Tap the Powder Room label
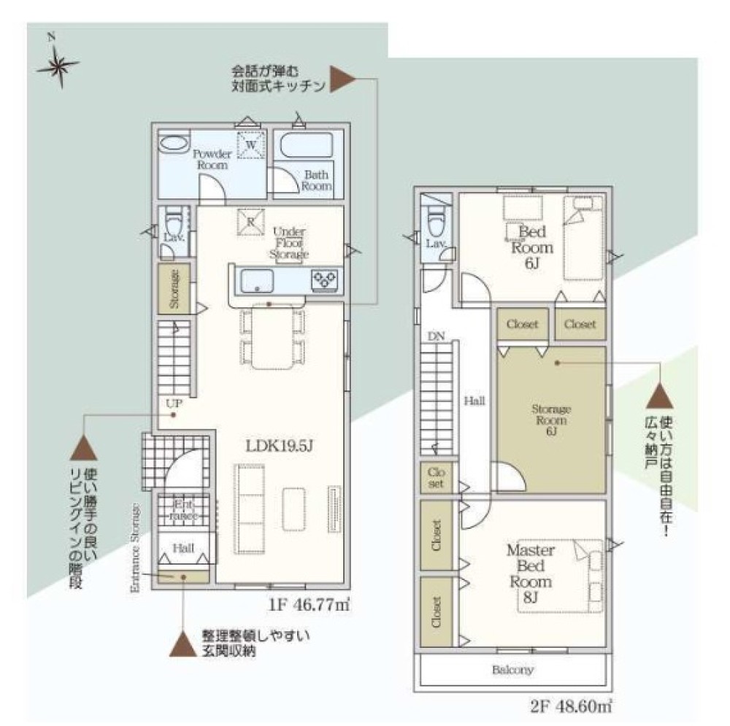[212, 159]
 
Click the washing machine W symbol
[250, 145]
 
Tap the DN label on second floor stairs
[436, 336]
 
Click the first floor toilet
[172, 217]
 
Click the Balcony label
[512, 670]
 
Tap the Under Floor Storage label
[291, 243]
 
